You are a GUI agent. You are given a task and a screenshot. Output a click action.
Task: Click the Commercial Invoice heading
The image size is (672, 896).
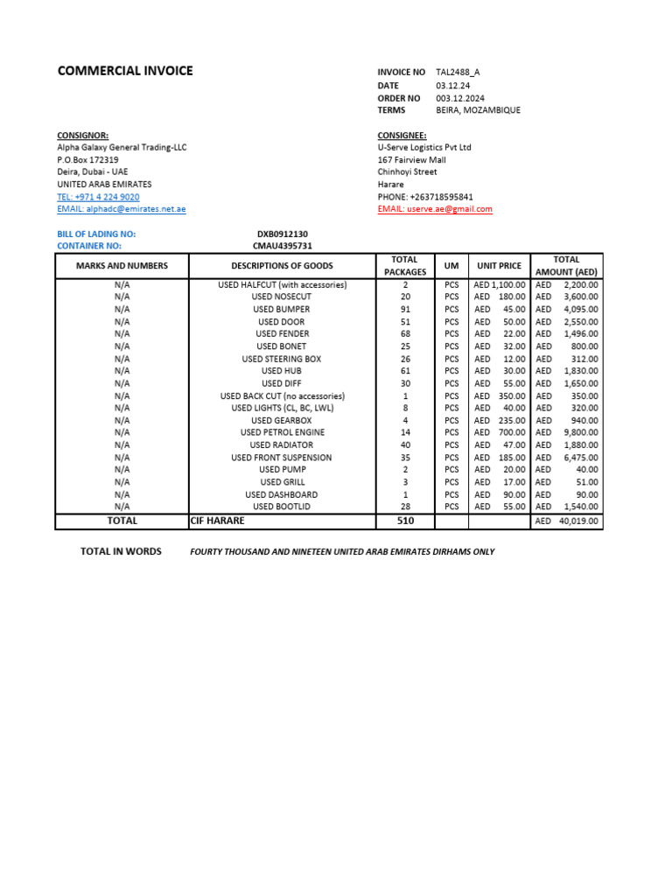tap(125, 71)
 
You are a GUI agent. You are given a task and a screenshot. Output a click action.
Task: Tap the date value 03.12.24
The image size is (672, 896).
tap(451, 86)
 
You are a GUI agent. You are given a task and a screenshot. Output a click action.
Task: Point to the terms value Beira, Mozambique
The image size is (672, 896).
tap(478, 110)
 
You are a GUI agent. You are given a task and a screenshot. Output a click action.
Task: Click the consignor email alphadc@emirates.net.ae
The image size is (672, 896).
tap(122, 209)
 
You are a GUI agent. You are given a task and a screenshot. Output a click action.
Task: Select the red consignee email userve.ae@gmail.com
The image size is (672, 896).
tap(435, 209)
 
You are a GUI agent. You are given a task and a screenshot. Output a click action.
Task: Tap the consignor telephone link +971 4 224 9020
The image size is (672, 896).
tap(98, 197)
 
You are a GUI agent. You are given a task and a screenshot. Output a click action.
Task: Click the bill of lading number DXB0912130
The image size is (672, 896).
tap(282, 234)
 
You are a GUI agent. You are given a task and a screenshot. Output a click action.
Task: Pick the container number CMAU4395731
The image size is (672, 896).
tap(283, 247)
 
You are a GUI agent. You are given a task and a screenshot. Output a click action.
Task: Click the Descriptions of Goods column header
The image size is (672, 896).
tap(282, 266)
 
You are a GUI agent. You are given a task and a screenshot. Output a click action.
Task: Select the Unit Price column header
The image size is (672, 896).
tap(499, 266)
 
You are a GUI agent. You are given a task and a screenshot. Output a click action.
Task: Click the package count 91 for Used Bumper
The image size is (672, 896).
tap(405, 309)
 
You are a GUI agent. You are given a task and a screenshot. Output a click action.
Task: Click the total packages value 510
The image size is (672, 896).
tap(405, 521)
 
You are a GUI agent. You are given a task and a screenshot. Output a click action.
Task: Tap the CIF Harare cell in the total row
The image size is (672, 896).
tap(218, 521)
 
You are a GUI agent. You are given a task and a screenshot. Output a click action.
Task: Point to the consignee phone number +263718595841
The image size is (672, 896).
tap(425, 197)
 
